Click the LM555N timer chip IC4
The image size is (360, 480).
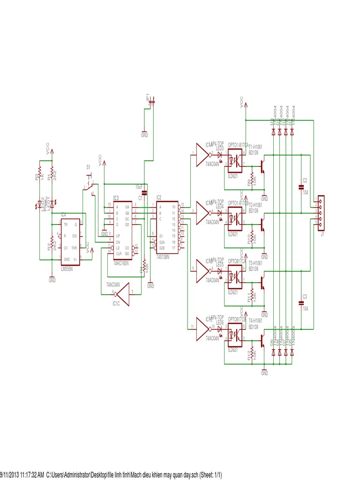click(70, 242)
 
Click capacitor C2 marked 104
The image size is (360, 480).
click(301, 188)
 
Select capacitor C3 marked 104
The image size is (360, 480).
click(301, 303)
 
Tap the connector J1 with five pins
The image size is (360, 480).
click(321, 213)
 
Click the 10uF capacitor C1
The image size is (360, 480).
click(144, 192)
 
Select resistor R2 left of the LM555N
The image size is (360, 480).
click(51, 245)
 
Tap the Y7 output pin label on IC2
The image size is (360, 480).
click(174, 247)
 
